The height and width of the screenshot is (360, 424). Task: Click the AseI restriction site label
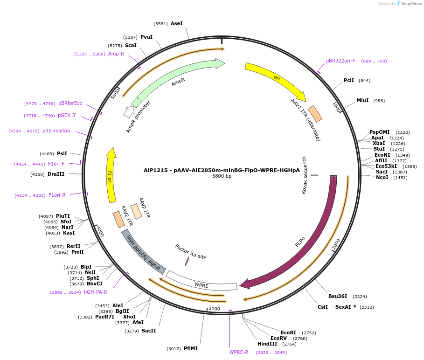(x=177, y=23)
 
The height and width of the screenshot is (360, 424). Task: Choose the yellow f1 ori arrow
(x=111, y=175)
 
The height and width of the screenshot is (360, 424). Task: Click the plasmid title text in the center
(x=222, y=170)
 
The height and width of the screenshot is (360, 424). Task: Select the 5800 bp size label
(x=222, y=176)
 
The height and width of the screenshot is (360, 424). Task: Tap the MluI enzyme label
(x=362, y=100)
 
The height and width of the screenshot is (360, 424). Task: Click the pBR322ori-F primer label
(x=341, y=61)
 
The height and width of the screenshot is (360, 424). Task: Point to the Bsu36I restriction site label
(x=338, y=296)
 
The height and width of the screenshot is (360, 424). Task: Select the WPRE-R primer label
(x=239, y=352)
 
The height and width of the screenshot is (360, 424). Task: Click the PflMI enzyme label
(x=190, y=348)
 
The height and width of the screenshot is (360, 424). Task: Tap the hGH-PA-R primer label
(x=95, y=292)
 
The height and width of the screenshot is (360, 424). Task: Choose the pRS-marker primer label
(x=56, y=131)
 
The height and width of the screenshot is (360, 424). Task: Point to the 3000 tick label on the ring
(x=214, y=309)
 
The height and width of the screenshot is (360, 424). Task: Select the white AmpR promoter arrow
(x=129, y=111)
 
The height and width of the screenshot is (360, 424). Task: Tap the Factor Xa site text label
(x=190, y=252)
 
